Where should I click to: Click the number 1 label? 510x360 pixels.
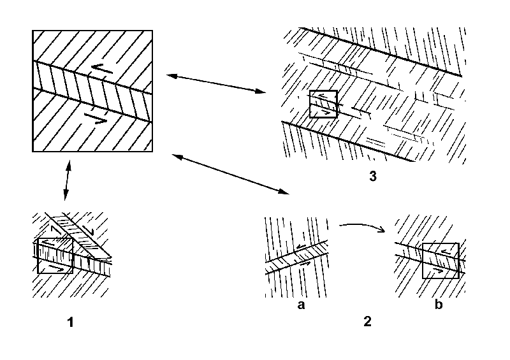point(71,322)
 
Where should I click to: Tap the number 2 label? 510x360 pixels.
point(367,321)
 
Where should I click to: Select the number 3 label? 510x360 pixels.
point(372,176)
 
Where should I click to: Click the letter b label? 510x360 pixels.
point(438,305)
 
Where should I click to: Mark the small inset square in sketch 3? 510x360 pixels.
point(323,104)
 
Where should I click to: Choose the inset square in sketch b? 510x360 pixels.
point(441,261)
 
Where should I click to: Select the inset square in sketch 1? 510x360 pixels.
point(55,256)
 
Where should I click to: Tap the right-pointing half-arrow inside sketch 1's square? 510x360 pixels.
point(56,270)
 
